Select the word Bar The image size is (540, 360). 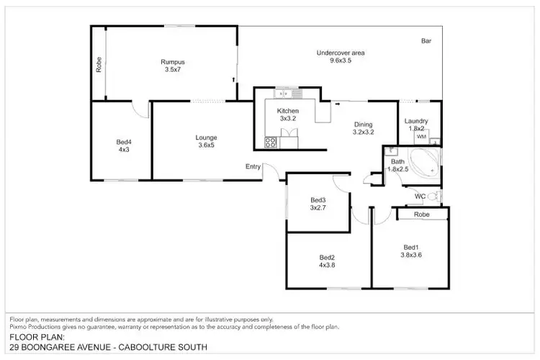pos(426,42)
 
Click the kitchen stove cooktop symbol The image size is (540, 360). pos(271,142)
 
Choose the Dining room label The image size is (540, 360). pos(363,124)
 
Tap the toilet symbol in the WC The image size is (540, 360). pos(433,196)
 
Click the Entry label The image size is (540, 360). pos(253,167)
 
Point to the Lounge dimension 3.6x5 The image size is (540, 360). pos(206,145)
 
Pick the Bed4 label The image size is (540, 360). pos(123,142)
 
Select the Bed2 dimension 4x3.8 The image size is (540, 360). pos(328,264)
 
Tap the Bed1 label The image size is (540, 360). pos(410,246)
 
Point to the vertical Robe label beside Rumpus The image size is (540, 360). pos(99,65)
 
